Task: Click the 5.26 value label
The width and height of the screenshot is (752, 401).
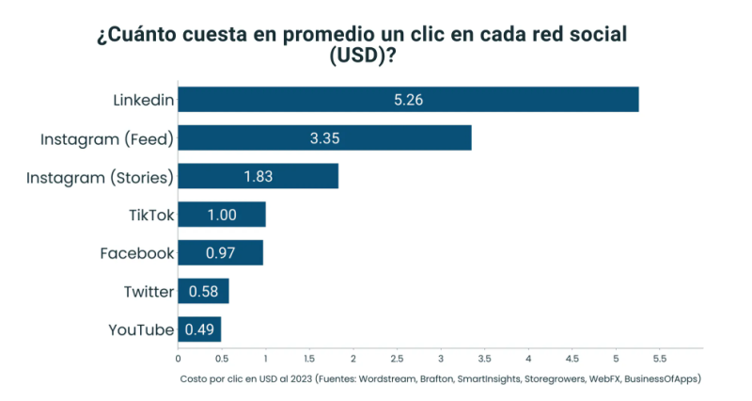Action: click(409, 99)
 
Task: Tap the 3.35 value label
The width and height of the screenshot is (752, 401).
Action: click(324, 137)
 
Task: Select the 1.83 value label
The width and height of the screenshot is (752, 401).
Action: click(258, 176)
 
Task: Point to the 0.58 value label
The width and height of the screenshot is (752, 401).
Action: click(203, 291)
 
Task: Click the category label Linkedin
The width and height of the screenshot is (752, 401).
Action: click(144, 99)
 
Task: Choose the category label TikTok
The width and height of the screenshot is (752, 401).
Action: click(151, 215)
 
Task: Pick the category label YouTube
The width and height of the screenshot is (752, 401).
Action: click(142, 329)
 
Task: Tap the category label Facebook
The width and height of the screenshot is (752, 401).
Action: click(137, 252)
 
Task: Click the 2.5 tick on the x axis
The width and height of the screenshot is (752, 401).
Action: click(397, 359)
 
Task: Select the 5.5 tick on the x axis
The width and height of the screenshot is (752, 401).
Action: click(659, 359)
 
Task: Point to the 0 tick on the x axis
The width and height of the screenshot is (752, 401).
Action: click(178, 359)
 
